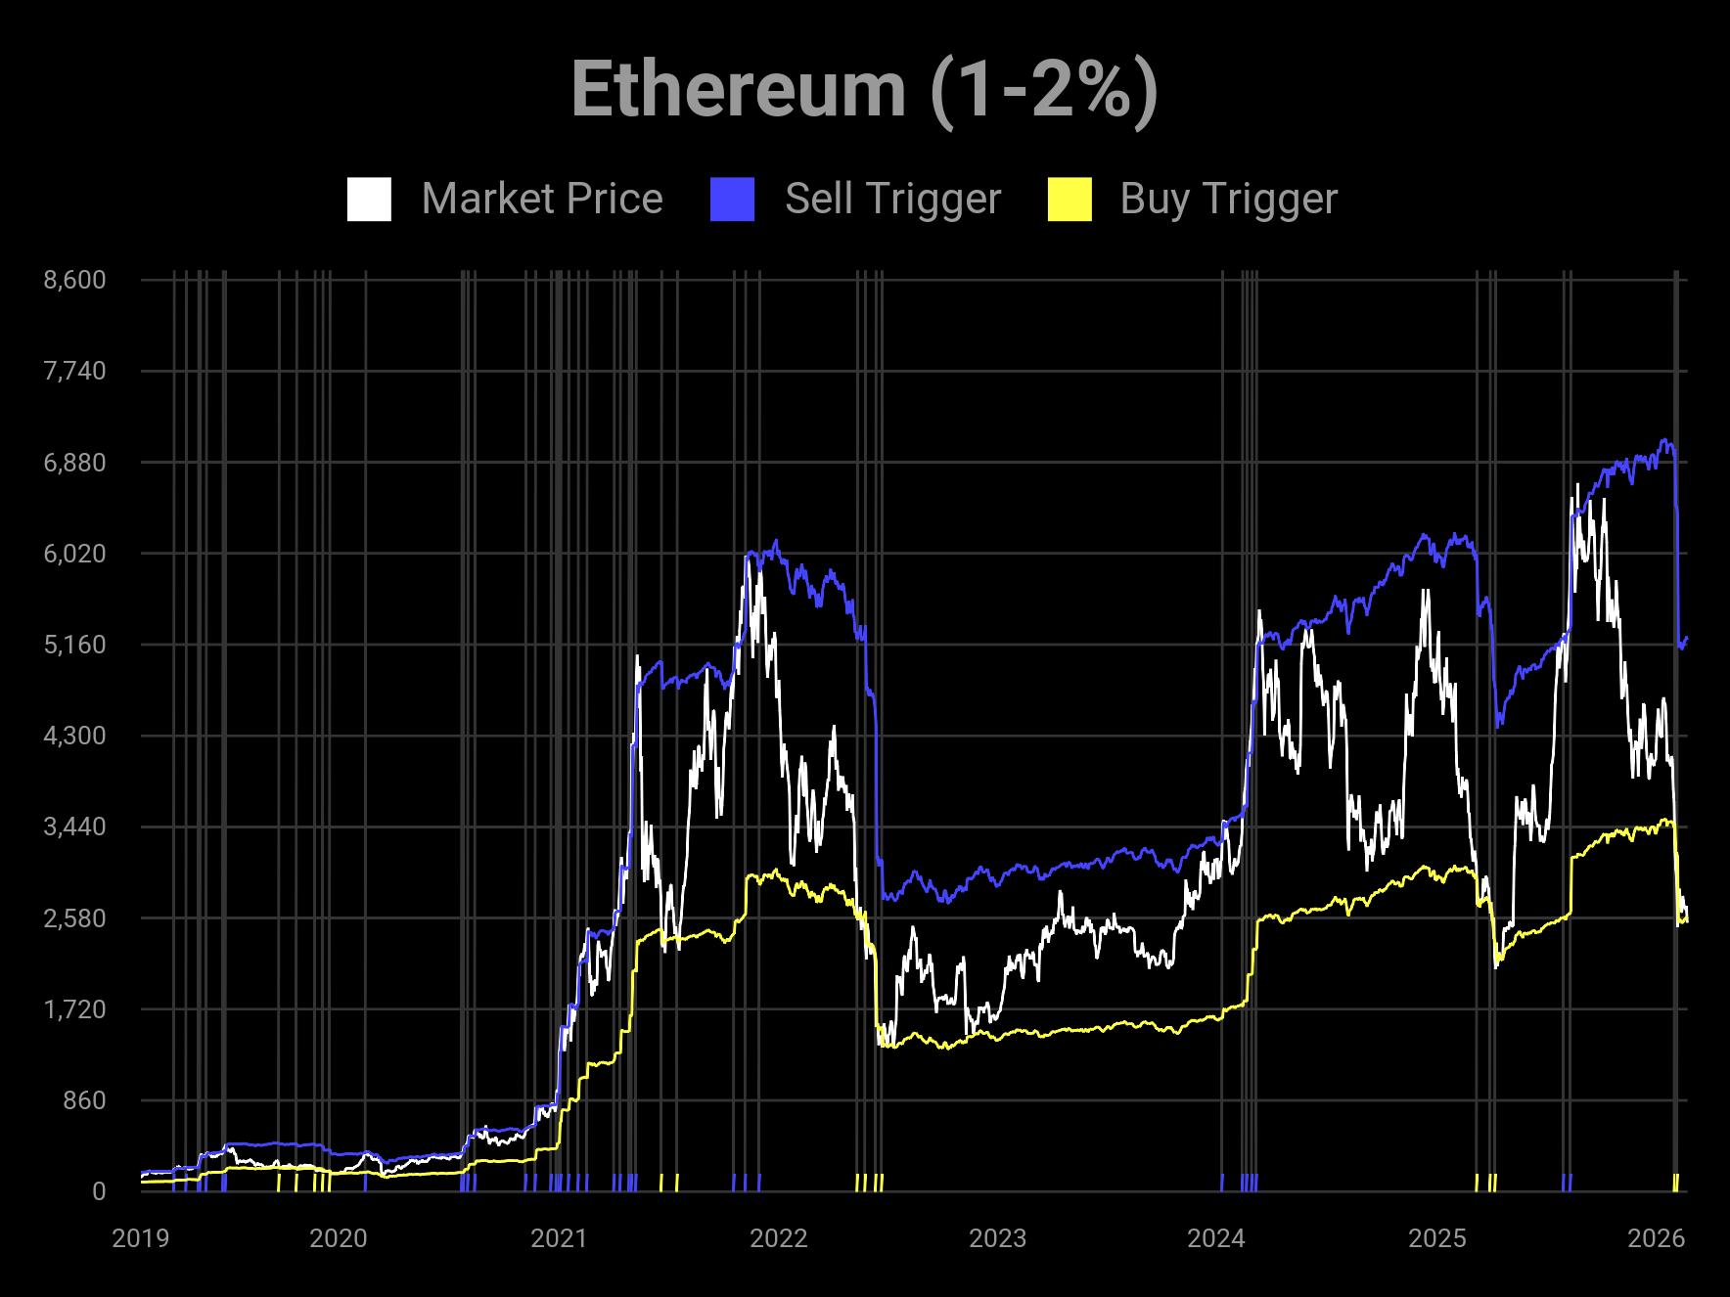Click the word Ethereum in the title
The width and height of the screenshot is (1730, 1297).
point(739,90)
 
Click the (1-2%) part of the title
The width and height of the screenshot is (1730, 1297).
point(1044,90)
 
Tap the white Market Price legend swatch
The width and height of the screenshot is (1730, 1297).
point(369,200)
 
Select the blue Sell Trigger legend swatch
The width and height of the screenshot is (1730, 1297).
point(732,200)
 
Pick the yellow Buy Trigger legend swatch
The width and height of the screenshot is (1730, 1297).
point(1070,200)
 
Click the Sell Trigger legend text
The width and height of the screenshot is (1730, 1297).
point(892,200)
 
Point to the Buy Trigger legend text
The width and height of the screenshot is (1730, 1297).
point(1228,200)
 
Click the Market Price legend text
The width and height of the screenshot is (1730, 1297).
point(542,200)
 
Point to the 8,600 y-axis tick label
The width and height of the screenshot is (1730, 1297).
point(74,280)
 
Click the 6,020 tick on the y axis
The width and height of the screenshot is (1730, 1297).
point(74,554)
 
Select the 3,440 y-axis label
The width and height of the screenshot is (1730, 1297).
point(74,827)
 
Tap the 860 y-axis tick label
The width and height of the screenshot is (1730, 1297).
point(84,1100)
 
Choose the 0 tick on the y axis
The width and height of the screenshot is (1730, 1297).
point(99,1191)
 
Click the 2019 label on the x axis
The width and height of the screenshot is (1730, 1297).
point(141,1238)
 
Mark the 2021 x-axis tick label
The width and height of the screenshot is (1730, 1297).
point(559,1238)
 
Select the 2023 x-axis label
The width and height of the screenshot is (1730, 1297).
point(997,1238)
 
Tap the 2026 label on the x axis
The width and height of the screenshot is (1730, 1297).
point(1656,1238)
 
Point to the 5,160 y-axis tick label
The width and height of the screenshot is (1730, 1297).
point(74,645)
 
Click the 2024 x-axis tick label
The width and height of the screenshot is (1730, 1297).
point(1216,1238)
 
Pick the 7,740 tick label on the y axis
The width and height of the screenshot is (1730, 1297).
point(74,371)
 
